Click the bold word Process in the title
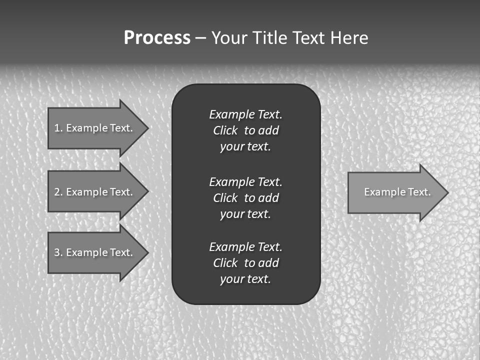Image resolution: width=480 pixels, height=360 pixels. pyautogui.click(x=157, y=38)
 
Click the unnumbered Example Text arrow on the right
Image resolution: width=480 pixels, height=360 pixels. pyautogui.click(x=395, y=192)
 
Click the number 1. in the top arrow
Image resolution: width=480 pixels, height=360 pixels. pyautogui.click(x=58, y=128)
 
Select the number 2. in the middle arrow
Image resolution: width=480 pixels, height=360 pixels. pyautogui.click(x=58, y=192)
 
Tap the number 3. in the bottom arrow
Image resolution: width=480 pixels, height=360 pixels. pyautogui.click(x=58, y=252)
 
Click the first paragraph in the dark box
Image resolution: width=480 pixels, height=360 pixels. pyautogui.click(x=245, y=130)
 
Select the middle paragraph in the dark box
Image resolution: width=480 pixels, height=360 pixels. pyautogui.click(x=245, y=197)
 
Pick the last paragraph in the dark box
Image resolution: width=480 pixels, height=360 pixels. pyautogui.click(x=245, y=263)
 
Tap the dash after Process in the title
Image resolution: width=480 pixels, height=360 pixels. pyautogui.click(x=200, y=38)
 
